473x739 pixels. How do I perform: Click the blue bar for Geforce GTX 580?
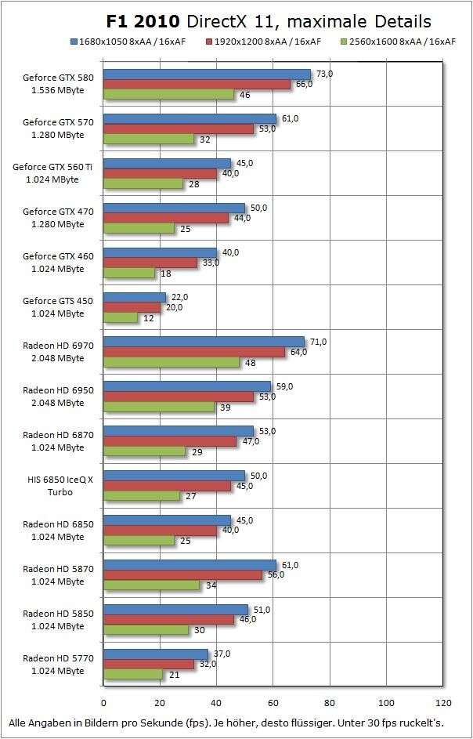click(207, 74)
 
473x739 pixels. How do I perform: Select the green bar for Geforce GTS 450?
click(121, 318)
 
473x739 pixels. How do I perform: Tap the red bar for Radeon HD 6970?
click(194, 353)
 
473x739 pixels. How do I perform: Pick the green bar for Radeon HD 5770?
click(133, 675)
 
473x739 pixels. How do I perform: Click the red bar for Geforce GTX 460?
click(150, 263)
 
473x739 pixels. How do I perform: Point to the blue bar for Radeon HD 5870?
click(190, 565)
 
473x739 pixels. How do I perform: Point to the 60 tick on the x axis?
click(273, 703)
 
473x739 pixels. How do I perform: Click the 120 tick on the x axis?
click(443, 703)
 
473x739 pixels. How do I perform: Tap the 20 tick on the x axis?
click(161, 703)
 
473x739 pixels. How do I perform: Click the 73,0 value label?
click(324, 74)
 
